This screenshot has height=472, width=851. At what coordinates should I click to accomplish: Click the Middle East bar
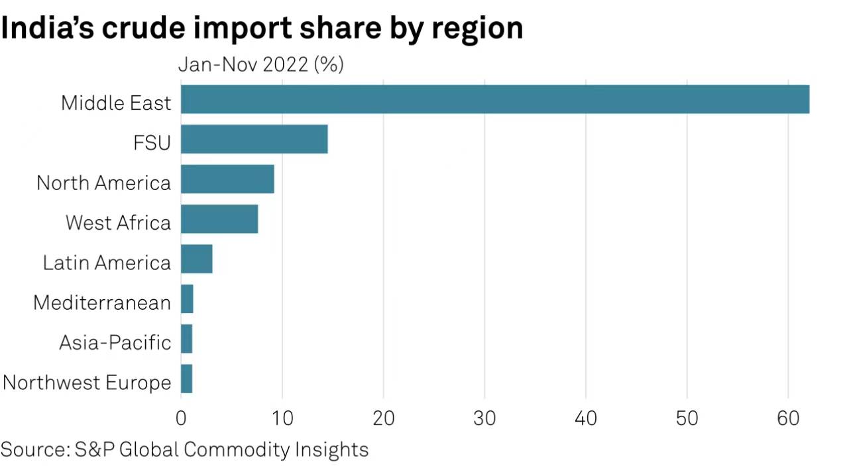point(494,99)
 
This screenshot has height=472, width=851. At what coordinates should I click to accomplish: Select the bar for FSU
point(254,139)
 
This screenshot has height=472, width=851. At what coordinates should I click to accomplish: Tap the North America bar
point(227,179)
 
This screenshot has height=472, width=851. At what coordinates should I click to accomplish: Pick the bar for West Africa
point(219,219)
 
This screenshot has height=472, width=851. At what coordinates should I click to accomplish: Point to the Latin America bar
point(197,259)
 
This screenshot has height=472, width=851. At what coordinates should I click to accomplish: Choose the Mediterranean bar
point(187,299)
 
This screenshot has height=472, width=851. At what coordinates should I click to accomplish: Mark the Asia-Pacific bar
point(186,339)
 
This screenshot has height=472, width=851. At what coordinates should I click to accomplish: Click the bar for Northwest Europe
point(186,379)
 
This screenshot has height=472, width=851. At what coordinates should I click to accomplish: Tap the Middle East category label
point(116,103)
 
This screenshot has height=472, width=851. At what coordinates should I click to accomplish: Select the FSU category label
point(152,142)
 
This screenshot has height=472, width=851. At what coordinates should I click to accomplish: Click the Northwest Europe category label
point(87,383)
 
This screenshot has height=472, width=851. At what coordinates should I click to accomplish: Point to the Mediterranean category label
point(102,303)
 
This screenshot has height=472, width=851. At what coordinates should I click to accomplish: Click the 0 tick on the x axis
point(181,418)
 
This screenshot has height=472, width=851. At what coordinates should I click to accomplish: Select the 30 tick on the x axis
point(484,418)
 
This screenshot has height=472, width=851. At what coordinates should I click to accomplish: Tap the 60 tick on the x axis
point(788,418)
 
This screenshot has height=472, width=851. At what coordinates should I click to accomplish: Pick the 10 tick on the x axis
point(282,418)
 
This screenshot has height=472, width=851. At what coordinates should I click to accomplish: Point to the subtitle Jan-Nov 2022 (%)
point(261,65)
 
